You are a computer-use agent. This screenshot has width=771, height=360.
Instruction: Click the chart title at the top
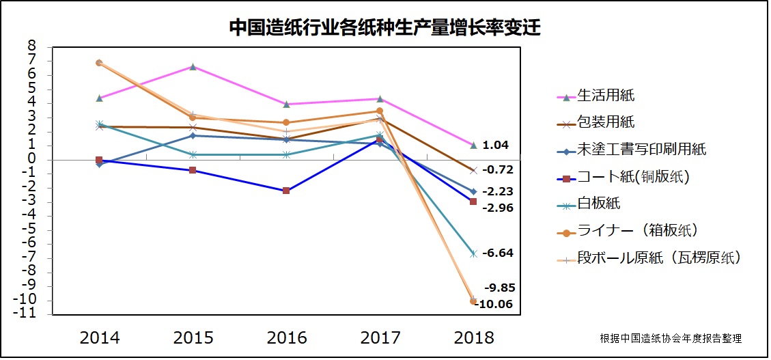pos(384,27)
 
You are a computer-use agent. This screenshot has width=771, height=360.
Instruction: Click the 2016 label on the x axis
pos(286,337)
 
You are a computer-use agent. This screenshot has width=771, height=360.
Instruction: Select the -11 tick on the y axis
pos(27,314)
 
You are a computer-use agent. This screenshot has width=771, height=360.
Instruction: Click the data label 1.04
pos(495,145)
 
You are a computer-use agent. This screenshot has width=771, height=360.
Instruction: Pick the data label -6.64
pos(497,253)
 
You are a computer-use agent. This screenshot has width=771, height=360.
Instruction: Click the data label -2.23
pos(497,192)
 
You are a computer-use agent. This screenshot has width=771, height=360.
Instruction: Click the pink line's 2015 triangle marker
pos(193,67)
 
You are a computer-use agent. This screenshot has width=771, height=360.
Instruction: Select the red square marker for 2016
pos(286,191)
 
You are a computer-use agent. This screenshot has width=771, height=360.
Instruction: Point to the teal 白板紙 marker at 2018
pos(473,253)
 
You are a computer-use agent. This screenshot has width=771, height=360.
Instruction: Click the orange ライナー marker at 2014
pos(99,63)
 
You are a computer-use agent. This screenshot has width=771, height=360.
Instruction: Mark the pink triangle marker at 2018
pos(473,145)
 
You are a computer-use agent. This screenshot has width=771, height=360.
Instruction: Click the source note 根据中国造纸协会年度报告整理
pos(671,338)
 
